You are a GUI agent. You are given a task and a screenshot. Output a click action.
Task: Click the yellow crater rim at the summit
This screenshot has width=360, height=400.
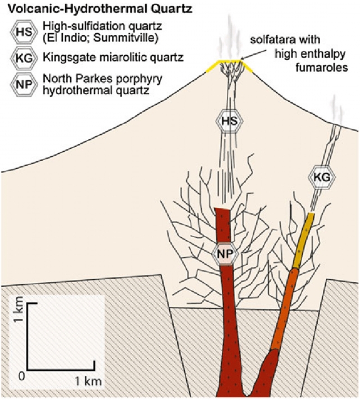[213, 66]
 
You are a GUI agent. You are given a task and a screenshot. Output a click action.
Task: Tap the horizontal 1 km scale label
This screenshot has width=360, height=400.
[88, 381]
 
